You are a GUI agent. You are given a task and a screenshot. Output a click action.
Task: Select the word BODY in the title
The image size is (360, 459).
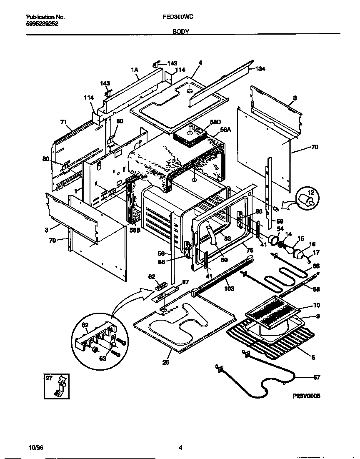point(180,31)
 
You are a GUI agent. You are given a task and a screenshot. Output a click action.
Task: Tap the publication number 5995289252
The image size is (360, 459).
point(42,24)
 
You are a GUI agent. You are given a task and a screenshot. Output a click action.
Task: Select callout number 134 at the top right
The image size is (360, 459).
point(260,69)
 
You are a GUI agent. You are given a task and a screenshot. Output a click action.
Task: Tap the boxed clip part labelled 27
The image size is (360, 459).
point(57,386)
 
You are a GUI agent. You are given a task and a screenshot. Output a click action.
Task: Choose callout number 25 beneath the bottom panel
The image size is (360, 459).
point(166,362)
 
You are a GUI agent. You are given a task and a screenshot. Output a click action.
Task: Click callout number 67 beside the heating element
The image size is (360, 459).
point(316,378)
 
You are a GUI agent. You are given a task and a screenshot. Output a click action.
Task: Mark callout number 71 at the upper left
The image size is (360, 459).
point(64,122)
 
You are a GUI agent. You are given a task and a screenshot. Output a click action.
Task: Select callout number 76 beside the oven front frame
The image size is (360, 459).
point(250,250)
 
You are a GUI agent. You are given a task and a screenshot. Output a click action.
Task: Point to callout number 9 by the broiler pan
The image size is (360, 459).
point(317,316)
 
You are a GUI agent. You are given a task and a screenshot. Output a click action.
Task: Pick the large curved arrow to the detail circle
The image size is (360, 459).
point(125,300)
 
